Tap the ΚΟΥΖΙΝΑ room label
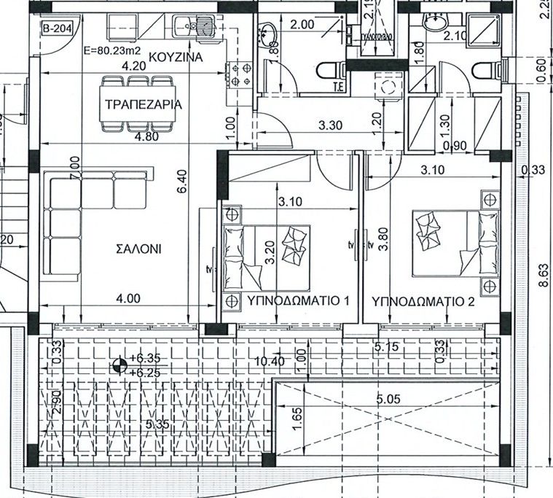tap(175, 56)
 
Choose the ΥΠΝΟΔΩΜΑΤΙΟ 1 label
tap(289, 300)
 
